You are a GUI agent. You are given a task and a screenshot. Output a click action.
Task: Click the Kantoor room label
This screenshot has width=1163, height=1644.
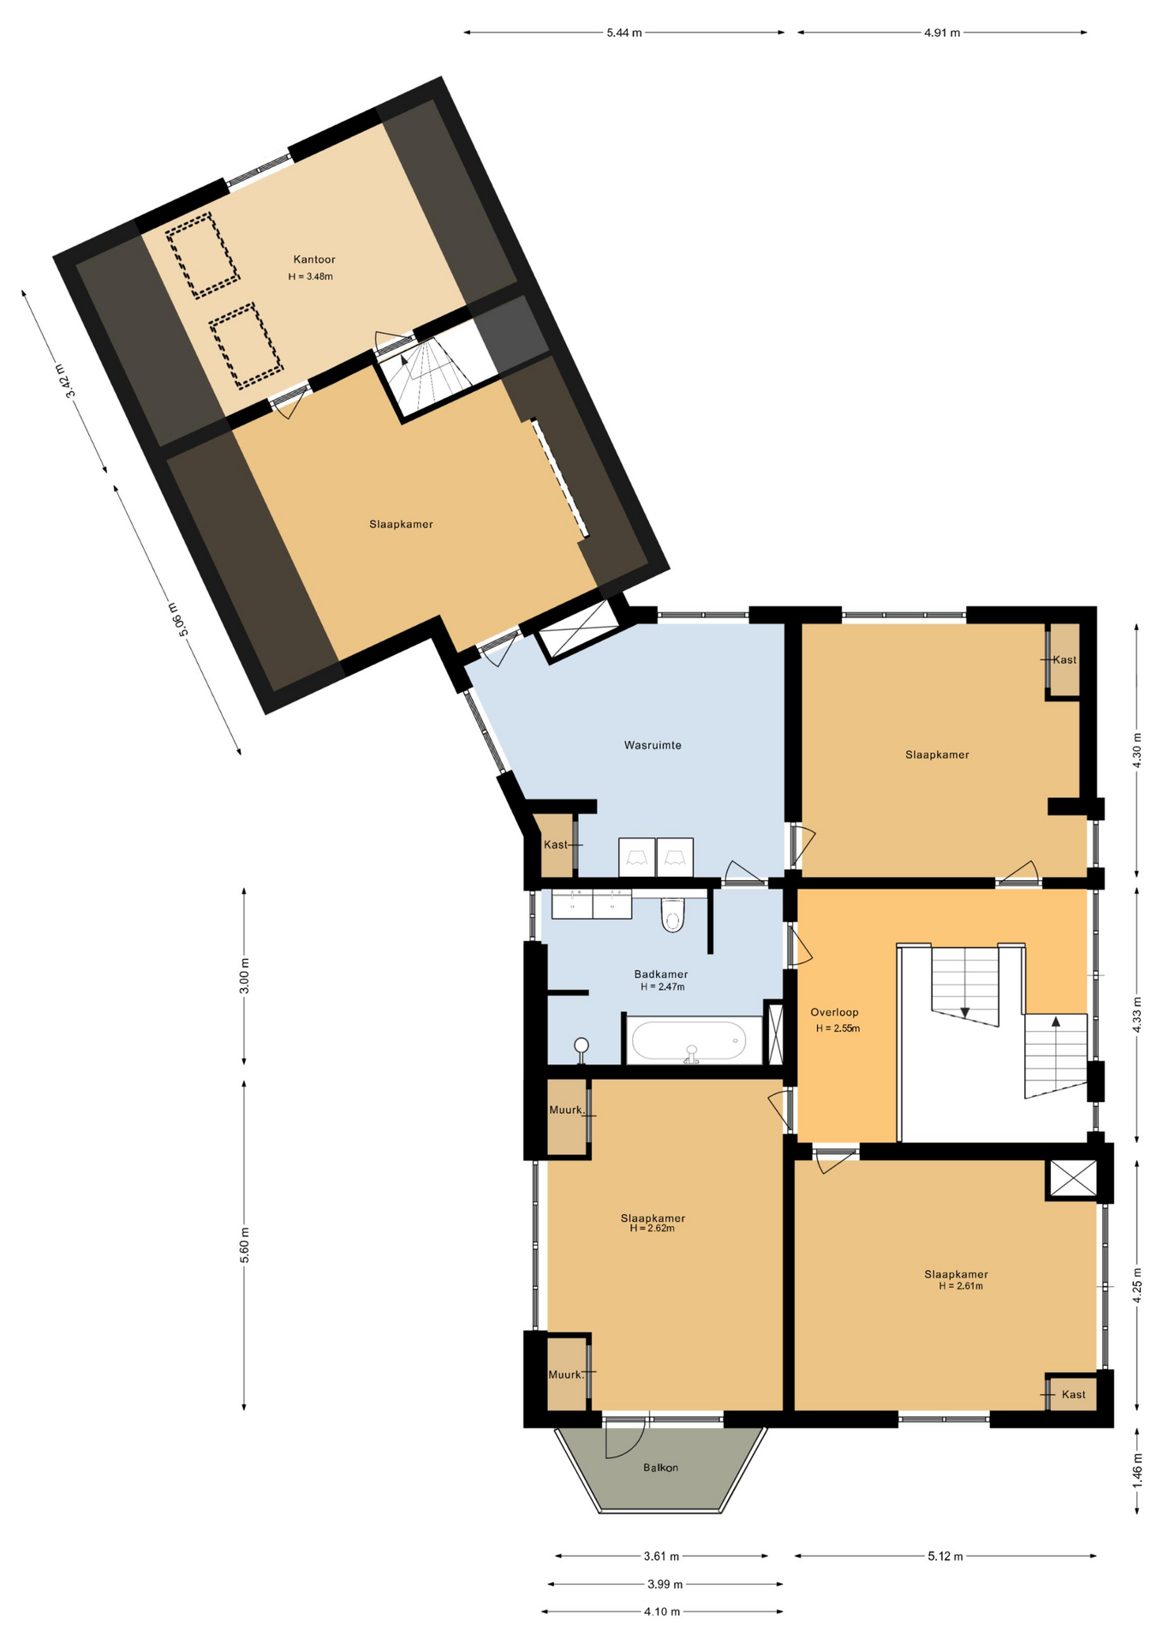coord(313,259)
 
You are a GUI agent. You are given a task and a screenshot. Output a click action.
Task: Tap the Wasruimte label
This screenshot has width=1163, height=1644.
coord(653,745)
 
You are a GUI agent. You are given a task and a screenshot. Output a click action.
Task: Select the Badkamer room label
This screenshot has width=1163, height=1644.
coord(660,974)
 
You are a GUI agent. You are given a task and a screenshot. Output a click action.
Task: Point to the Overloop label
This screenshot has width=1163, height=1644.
coord(834,1012)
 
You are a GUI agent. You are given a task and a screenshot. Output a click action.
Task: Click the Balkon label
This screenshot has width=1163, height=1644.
coord(660,1468)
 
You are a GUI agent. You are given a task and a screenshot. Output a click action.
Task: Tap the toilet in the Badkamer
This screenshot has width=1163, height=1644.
coord(673,914)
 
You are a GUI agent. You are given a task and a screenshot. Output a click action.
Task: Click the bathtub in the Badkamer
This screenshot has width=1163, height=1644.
coord(695,1041)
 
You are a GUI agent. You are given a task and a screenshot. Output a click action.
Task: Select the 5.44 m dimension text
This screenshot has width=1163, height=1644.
coord(624,33)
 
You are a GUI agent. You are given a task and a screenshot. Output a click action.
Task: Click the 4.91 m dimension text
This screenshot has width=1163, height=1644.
coord(942,33)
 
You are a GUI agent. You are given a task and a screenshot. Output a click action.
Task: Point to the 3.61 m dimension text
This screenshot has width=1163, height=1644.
coord(661,1556)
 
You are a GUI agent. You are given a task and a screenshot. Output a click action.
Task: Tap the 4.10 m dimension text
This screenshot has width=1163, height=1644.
coord(662,1611)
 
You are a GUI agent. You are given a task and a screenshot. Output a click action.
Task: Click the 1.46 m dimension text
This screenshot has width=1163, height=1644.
coord(1137,1470)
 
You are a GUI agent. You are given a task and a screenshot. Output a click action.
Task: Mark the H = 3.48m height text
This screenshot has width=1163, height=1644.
coord(311,277)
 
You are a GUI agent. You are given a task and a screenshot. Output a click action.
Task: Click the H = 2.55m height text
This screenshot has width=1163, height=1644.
coord(838,1028)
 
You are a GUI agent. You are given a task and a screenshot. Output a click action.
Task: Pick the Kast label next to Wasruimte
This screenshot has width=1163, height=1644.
coord(555,844)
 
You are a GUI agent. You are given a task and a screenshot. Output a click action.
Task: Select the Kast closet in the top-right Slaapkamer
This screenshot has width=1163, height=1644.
coord(1065,660)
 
